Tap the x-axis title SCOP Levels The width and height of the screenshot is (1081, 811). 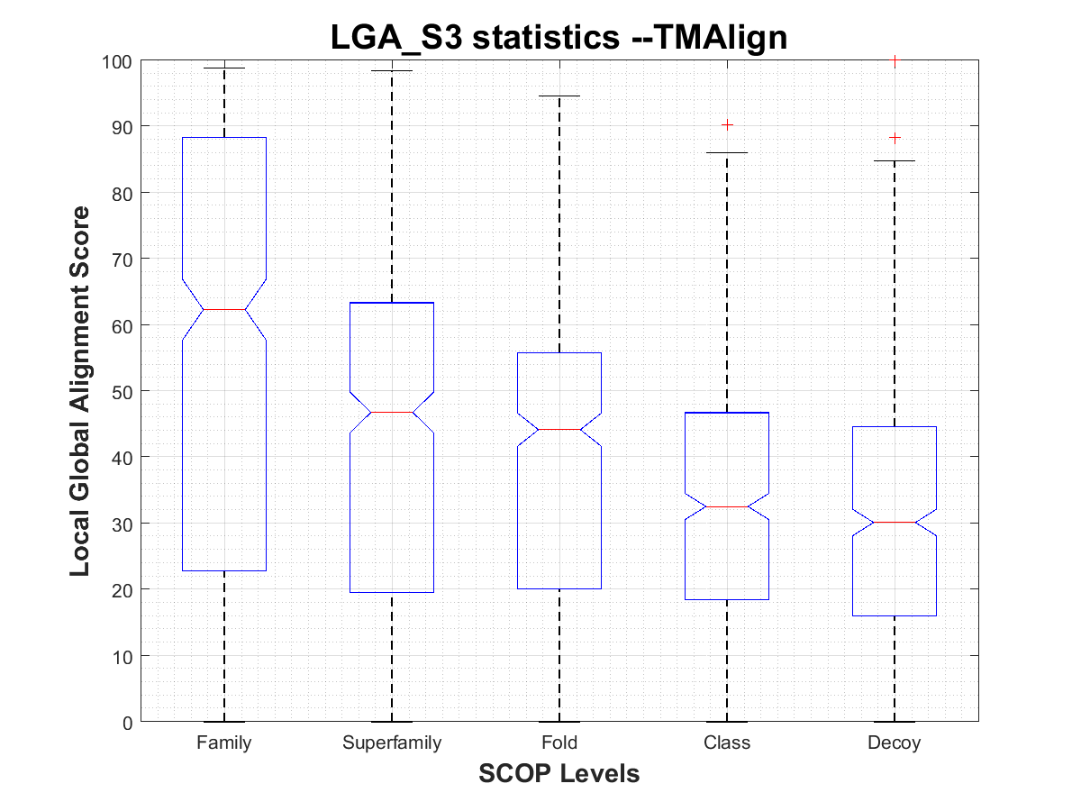pyautogui.click(x=559, y=773)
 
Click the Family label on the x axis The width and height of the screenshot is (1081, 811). pyautogui.click(x=223, y=743)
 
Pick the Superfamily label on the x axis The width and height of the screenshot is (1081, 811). pyautogui.click(x=392, y=743)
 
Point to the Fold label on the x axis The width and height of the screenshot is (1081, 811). pyautogui.click(x=559, y=743)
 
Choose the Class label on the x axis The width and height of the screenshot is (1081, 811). pyautogui.click(x=727, y=743)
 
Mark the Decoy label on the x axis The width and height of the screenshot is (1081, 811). pyautogui.click(x=895, y=743)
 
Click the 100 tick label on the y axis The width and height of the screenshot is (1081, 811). pyautogui.click(x=117, y=61)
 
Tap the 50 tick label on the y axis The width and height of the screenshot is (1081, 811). pyautogui.click(x=122, y=391)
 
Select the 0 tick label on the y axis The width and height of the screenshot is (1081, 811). pyautogui.click(x=127, y=722)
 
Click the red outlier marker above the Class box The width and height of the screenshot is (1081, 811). pyautogui.click(x=727, y=124)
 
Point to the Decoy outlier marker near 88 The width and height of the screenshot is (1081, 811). pyautogui.click(x=895, y=138)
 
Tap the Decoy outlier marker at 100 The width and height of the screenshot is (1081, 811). pyautogui.click(x=895, y=60)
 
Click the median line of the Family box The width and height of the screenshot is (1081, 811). pyautogui.click(x=223, y=309)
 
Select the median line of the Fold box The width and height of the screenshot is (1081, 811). pyautogui.click(x=559, y=429)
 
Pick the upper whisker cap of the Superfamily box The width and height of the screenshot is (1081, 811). pyautogui.click(x=392, y=70)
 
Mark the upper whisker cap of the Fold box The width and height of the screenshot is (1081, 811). pyautogui.click(x=559, y=96)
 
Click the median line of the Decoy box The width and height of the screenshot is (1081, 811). pyautogui.click(x=895, y=522)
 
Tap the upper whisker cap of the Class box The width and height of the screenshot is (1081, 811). pyautogui.click(x=727, y=152)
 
